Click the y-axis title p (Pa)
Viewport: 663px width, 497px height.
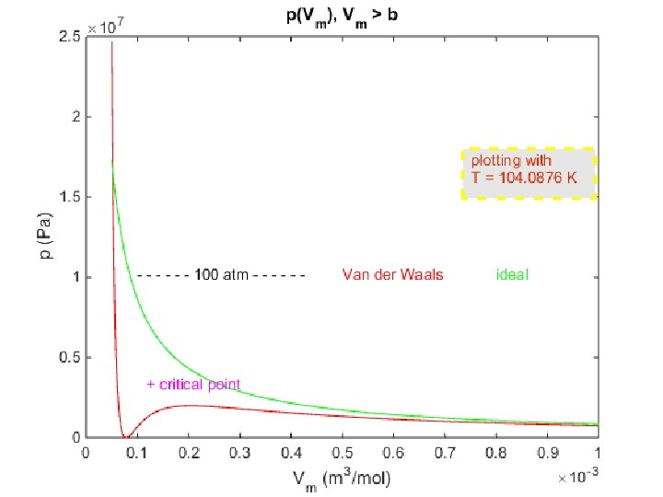[x=44, y=237]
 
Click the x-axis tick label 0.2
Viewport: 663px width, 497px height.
[x=188, y=452]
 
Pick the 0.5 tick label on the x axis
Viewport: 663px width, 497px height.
[x=342, y=452]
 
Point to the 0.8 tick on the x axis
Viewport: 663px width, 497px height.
[x=495, y=452]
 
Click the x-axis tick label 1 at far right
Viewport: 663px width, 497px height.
[x=598, y=452]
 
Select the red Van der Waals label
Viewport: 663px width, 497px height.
[x=392, y=274]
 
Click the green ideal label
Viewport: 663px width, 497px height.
[x=512, y=274]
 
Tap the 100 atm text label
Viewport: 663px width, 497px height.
[x=221, y=274]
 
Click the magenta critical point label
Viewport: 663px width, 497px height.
[x=199, y=384]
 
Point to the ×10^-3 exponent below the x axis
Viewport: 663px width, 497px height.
[x=578, y=478]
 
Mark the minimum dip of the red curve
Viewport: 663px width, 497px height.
[x=125, y=436]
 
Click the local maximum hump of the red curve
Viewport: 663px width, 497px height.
[x=188, y=405]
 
